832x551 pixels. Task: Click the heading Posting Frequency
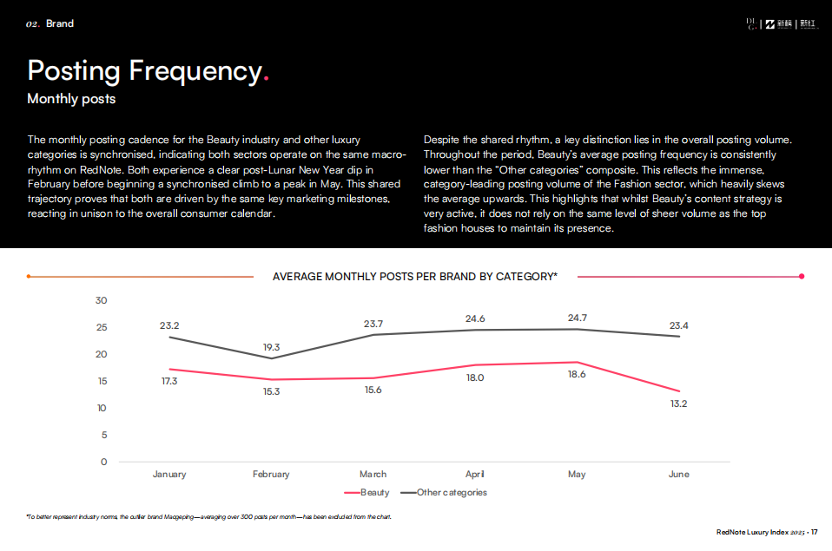pos(144,69)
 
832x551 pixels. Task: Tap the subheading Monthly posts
pos(71,99)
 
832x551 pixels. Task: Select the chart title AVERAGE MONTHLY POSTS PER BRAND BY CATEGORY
pos(415,277)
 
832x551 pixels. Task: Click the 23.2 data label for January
pos(169,325)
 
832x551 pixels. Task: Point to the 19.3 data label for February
pos(271,347)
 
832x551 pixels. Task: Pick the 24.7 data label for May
pos(577,318)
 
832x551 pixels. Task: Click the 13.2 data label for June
pos(678,404)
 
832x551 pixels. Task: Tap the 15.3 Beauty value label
pos(271,392)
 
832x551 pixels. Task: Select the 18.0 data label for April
pos(475,377)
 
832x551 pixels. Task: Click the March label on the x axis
pos(373,475)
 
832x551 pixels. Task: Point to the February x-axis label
pos(271,475)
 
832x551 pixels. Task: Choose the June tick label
pos(678,475)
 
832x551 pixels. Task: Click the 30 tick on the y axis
pos(101,300)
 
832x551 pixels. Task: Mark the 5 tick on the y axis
pos(103,435)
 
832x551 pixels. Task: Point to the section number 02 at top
pos(33,23)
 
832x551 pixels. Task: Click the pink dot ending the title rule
pos(802,277)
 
